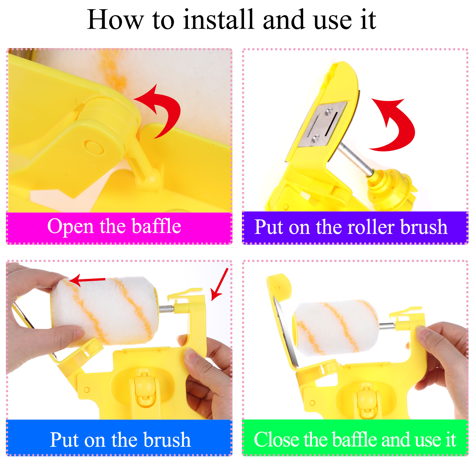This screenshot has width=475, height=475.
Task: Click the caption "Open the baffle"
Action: [114, 227]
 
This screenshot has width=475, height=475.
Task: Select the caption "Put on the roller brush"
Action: [351, 227]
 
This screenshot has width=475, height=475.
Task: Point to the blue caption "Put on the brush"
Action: [120, 440]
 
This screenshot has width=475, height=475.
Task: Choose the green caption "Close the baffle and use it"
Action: [355, 439]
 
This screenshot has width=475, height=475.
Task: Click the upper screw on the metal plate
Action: [328, 112]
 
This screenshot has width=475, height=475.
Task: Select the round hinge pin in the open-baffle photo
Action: [94, 147]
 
